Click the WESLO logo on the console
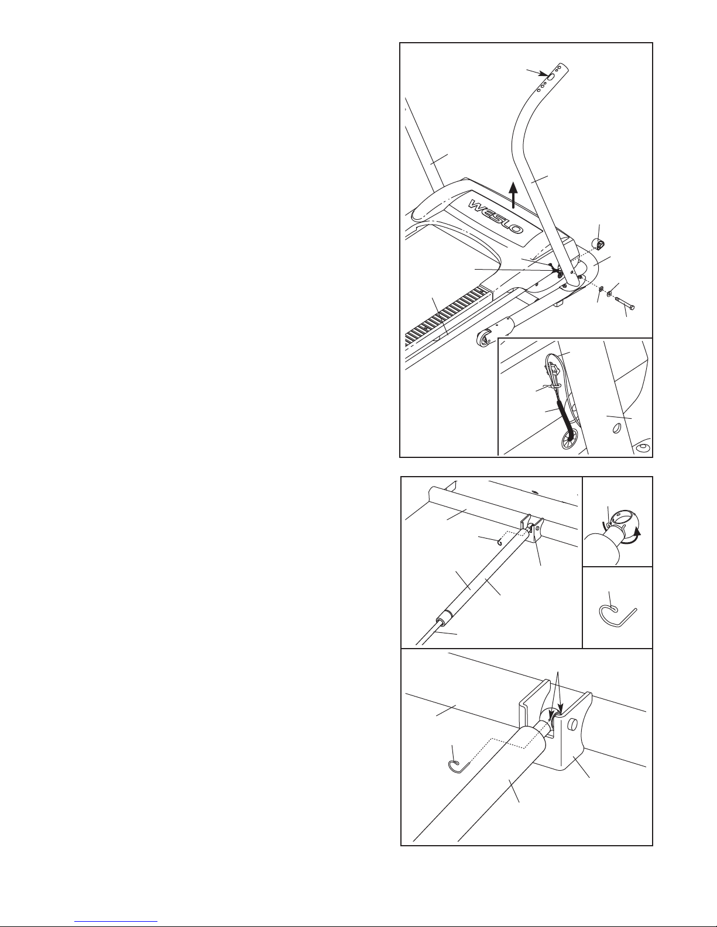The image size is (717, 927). pos(496,216)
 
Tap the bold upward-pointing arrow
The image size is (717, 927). pos(513,195)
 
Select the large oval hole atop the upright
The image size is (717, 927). pos(551,77)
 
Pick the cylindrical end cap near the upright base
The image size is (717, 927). pos(598,245)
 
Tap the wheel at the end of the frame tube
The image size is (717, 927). pos(483,339)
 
